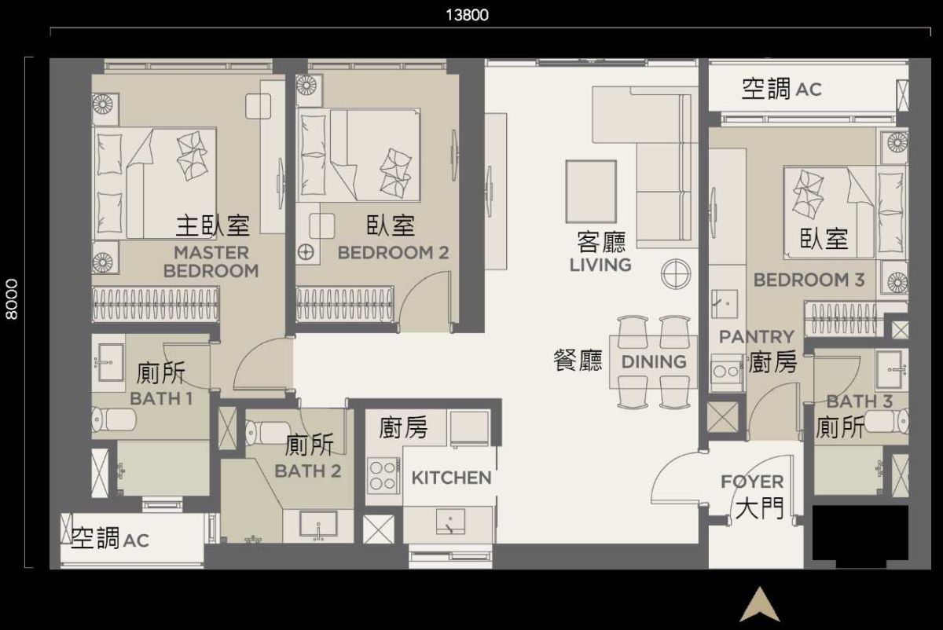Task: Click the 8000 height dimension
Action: [x=12, y=299]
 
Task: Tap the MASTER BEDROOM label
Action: [x=211, y=262]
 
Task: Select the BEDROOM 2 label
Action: [x=393, y=253]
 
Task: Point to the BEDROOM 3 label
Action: [x=809, y=280]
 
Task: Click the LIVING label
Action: [x=600, y=265]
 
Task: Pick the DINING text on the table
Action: [x=654, y=362]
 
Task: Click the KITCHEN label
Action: [x=452, y=478]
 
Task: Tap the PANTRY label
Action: [x=757, y=337]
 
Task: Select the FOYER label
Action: [x=752, y=482]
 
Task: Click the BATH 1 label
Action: [x=161, y=398]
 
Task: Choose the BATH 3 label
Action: [x=859, y=401]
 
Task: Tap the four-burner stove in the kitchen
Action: [x=383, y=475]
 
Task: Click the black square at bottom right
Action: [x=860, y=534]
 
